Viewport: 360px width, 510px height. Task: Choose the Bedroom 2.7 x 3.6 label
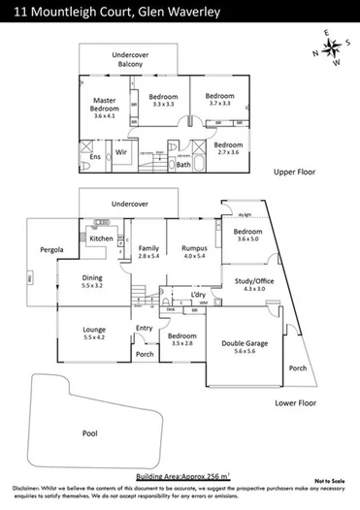point(230,148)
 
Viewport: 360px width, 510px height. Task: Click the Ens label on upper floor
point(95,156)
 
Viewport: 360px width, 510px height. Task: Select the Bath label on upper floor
point(183,165)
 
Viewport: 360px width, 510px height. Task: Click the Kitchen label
point(102,238)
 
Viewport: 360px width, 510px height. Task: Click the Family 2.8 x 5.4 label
point(148,253)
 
